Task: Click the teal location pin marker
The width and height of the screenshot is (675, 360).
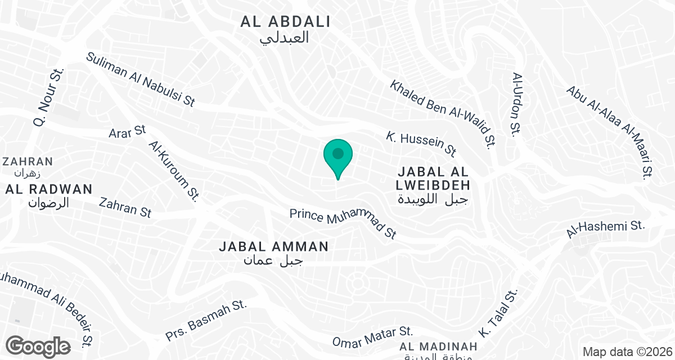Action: [x=338, y=156]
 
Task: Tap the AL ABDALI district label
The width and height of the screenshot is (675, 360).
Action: [x=285, y=22]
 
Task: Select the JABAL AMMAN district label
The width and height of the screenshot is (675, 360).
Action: [x=273, y=246]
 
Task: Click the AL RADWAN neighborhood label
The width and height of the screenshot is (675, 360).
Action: [x=48, y=190]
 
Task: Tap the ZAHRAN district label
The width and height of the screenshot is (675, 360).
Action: [x=28, y=162]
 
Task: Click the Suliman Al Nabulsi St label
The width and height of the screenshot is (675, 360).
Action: [x=141, y=79]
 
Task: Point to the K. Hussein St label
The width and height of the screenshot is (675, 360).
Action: [x=421, y=144]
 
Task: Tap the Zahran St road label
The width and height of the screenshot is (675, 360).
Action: [x=125, y=206]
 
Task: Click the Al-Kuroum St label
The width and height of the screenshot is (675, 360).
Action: [x=174, y=170]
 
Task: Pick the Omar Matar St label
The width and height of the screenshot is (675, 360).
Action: [x=372, y=337]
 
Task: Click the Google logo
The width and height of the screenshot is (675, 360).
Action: [x=39, y=346]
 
